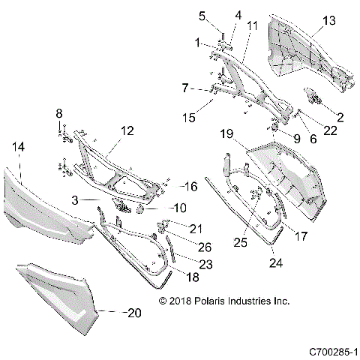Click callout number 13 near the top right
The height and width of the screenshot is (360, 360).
pos(329,22)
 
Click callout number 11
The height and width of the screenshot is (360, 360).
pos(253,25)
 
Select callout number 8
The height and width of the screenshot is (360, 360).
pos(59,113)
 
